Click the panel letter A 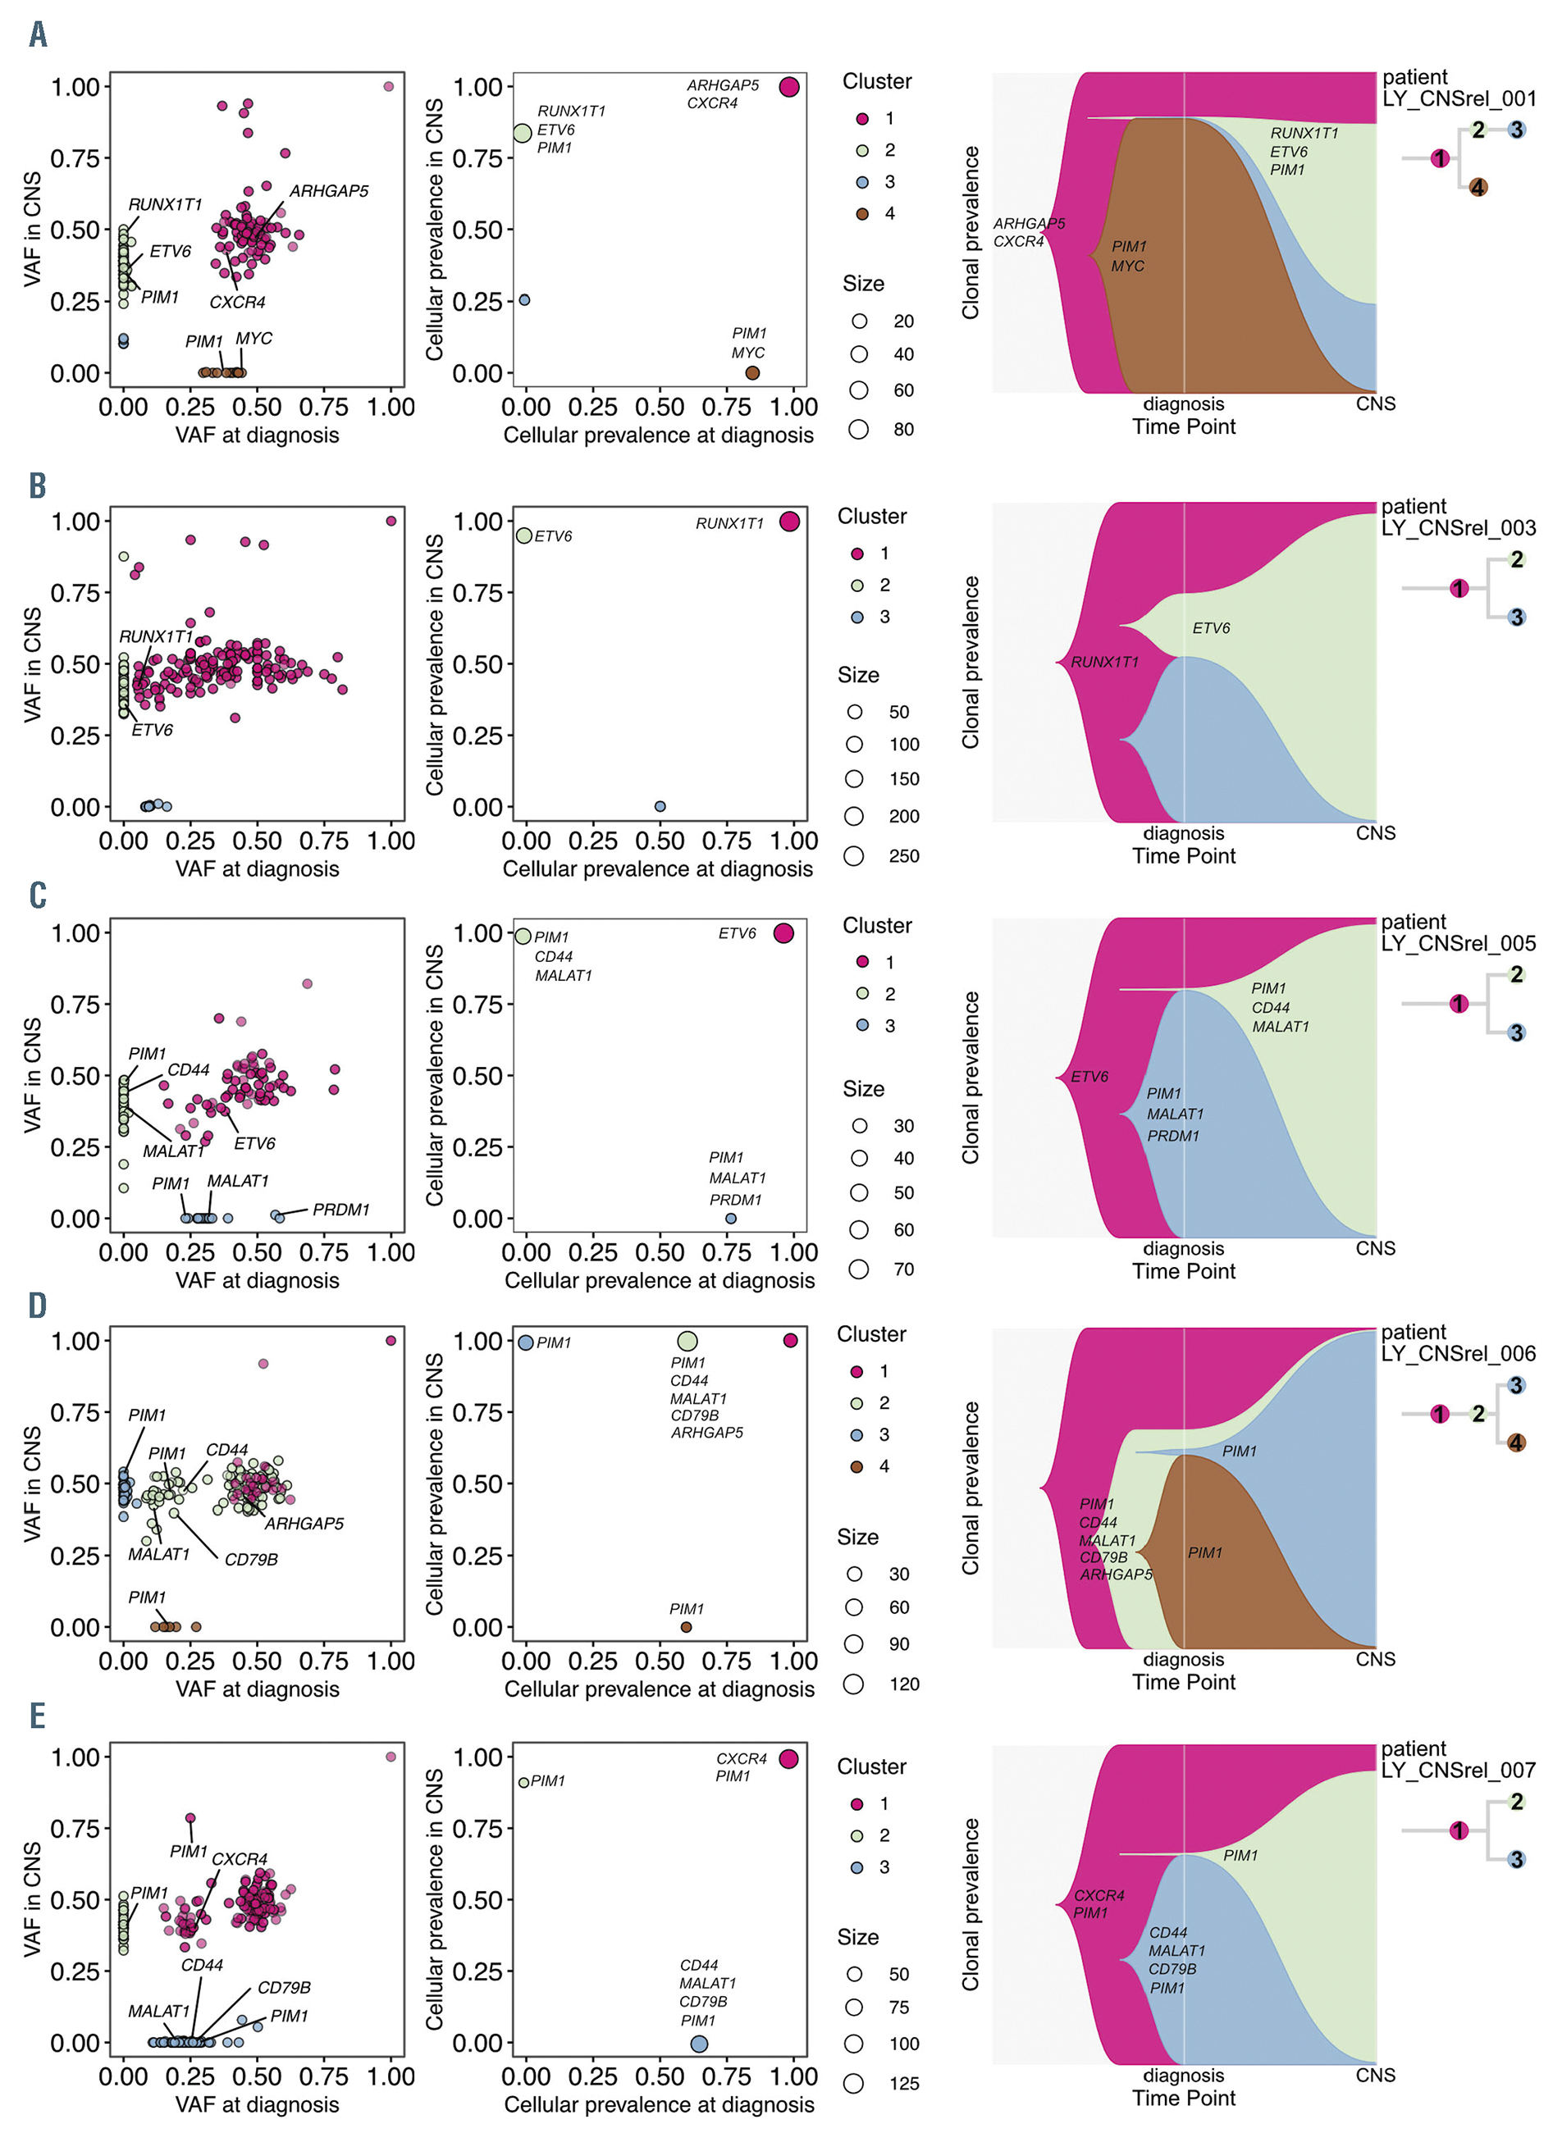[38, 34]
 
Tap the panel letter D [38, 1306]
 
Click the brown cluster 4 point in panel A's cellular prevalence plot [751, 372]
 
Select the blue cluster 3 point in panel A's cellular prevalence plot [524, 300]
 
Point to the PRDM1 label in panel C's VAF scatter [340, 1210]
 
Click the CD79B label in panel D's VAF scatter [250, 1559]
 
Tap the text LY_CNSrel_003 [1458, 529]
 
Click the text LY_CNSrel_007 [1458, 1771]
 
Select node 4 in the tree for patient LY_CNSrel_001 [1478, 187]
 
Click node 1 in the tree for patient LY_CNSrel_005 [1459, 1004]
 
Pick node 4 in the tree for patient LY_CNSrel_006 [1516, 1443]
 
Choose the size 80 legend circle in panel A [858, 429]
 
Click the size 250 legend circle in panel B [854, 856]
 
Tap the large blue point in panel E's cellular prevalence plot [699, 2044]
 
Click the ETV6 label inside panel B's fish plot [1211, 628]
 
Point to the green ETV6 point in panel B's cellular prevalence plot [524, 536]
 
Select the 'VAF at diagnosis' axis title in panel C [257, 1280]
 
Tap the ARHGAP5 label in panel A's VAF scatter [328, 191]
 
